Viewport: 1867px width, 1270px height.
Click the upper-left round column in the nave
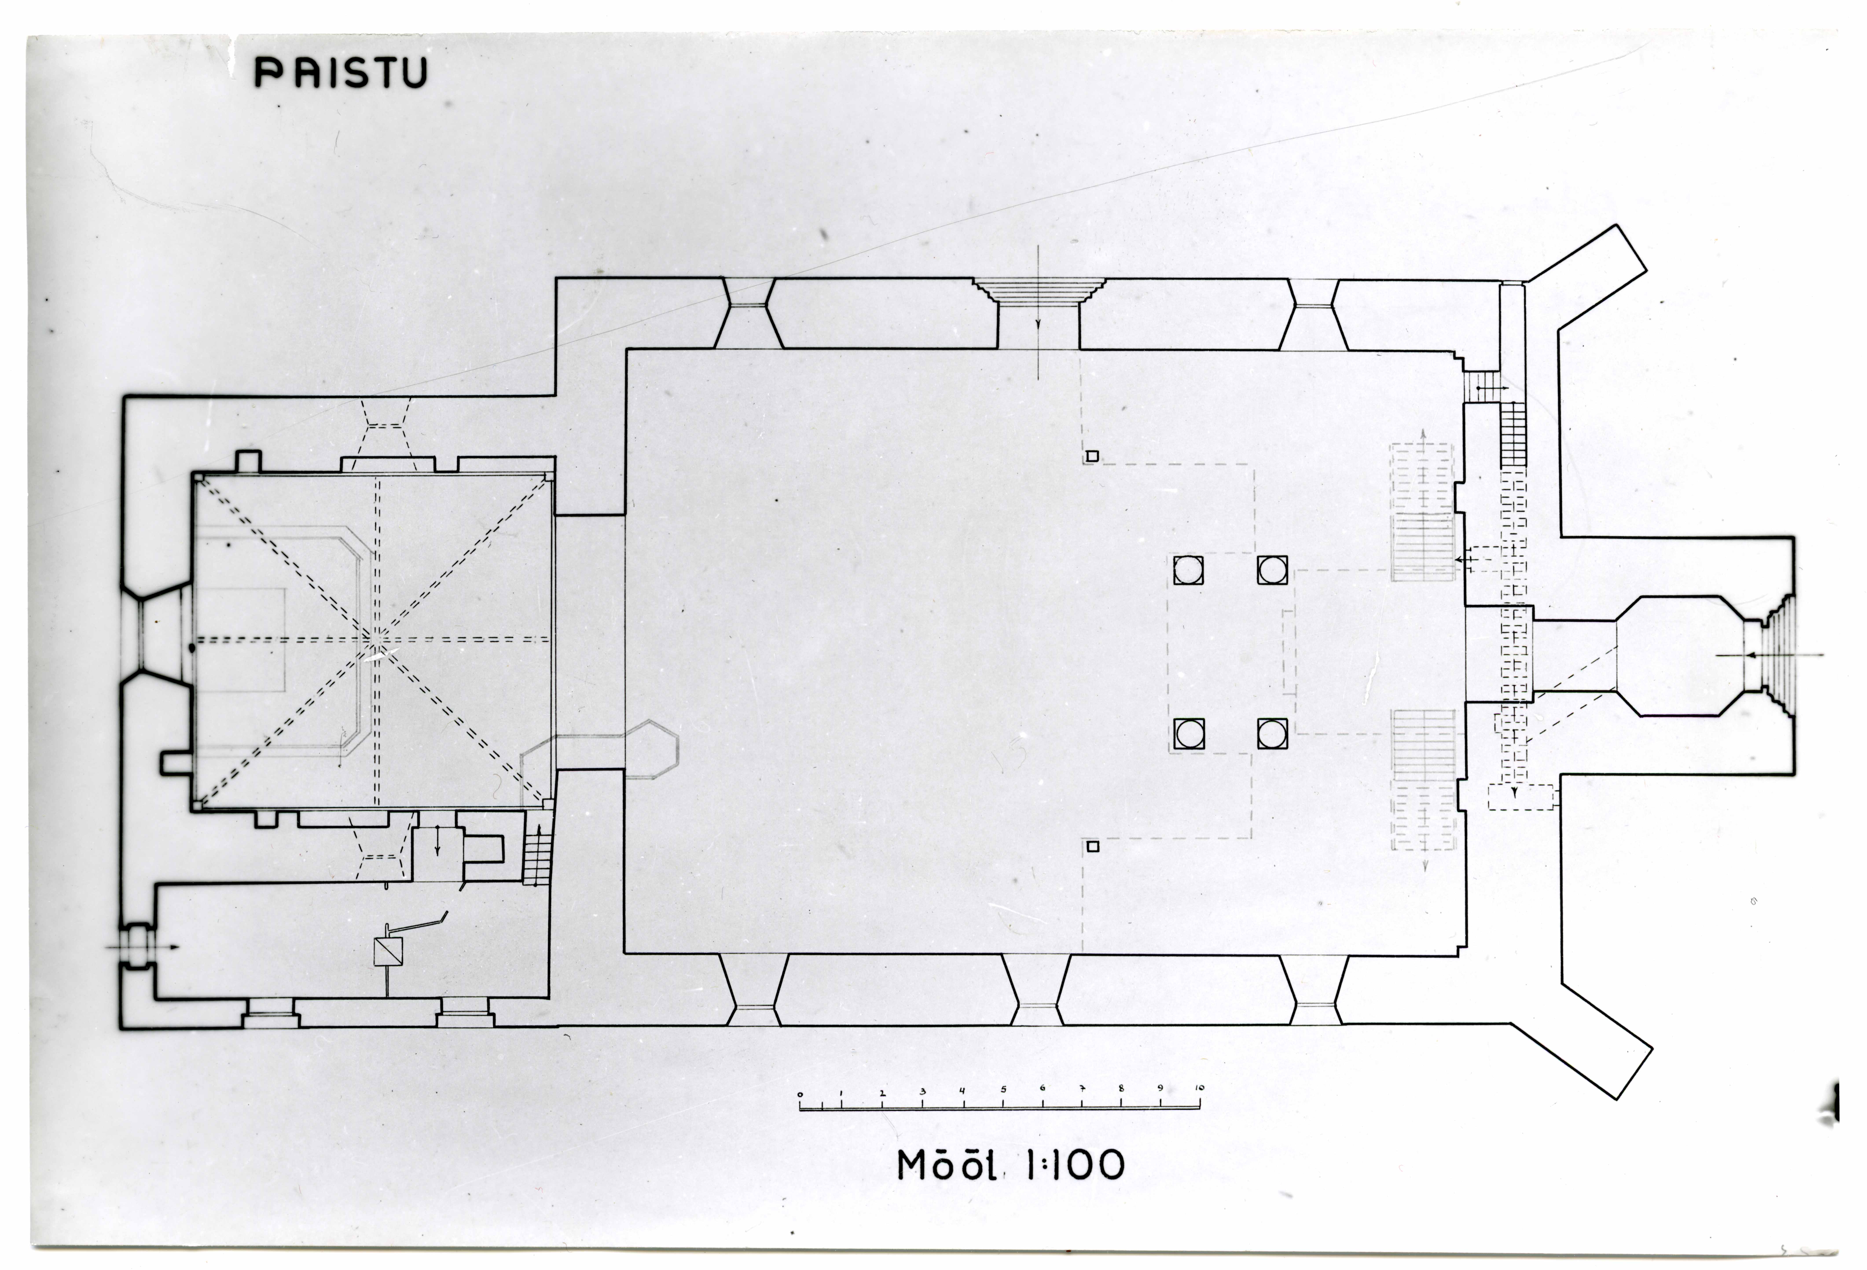pos(1188,570)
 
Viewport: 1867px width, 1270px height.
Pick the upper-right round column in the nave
pos(1272,570)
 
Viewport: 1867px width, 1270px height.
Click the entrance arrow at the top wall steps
pos(1038,321)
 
